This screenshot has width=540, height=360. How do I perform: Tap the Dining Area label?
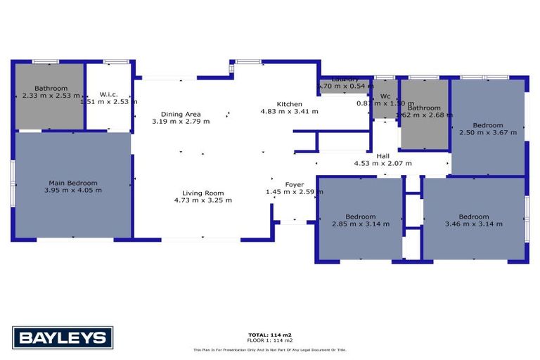[x=181, y=114]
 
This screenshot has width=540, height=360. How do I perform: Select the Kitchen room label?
[x=289, y=103]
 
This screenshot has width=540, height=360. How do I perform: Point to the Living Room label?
[x=202, y=193]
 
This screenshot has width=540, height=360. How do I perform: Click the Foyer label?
[x=294, y=184]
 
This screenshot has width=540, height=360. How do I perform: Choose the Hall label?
[x=382, y=156]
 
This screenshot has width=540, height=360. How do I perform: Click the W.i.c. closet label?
[x=108, y=94]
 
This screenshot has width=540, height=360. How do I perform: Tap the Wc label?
[x=385, y=96]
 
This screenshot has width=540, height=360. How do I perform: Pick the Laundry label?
[x=345, y=79]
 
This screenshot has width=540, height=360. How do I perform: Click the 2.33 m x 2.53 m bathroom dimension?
[x=51, y=96]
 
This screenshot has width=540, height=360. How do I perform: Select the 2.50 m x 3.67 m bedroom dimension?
[x=487, y=132]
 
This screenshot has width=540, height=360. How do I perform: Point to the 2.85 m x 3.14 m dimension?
[x=360, y=224]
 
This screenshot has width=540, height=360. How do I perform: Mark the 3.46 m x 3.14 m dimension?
[x=473, y=224]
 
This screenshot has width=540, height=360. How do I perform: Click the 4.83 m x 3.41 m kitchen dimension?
[x=289, y=111]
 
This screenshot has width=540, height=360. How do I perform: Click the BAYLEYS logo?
[x=63, y=337]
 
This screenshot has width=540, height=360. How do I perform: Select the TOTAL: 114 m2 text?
[x=270, y=335]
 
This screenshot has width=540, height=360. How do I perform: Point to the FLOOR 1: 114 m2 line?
[x=270, y=341]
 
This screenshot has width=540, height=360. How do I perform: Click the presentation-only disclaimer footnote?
[x=270, y=349]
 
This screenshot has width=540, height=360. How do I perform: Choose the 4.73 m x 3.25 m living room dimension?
[x=202, y=200]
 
